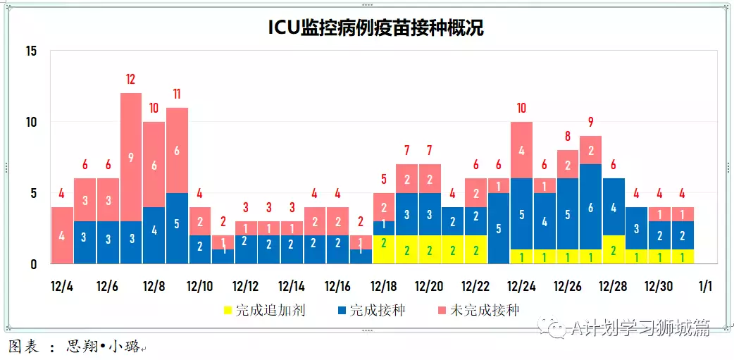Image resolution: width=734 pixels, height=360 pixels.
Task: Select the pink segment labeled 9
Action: pos(131,157)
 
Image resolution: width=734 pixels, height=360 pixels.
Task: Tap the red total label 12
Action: pos(131,80)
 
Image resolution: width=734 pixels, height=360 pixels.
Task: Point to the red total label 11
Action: pos(177,94)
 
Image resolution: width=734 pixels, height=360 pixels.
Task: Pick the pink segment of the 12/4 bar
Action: pos(62,235)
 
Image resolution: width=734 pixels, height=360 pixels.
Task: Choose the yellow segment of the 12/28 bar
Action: pos(614,249)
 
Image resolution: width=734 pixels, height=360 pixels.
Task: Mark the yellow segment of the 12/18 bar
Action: pos(384,249)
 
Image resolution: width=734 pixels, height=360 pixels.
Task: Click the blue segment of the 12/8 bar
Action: pos(154,235)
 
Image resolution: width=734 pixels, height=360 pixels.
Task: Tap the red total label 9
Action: pos(590,122)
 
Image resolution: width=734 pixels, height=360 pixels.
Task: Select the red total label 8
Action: pos(568,136)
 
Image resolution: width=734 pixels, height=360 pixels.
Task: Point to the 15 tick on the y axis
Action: pos(30,51)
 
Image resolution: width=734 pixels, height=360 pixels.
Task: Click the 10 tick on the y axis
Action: pos(30,122)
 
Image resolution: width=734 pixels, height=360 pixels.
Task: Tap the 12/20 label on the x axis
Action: pos(430,287)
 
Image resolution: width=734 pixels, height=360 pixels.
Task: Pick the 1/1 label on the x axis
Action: pos(705,287)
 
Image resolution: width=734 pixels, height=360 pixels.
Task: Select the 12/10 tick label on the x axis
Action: pos(200,287)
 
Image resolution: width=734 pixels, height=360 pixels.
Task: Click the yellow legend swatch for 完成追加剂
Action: pos(228,310)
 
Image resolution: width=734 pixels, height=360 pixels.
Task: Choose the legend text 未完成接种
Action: pos(485,310)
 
